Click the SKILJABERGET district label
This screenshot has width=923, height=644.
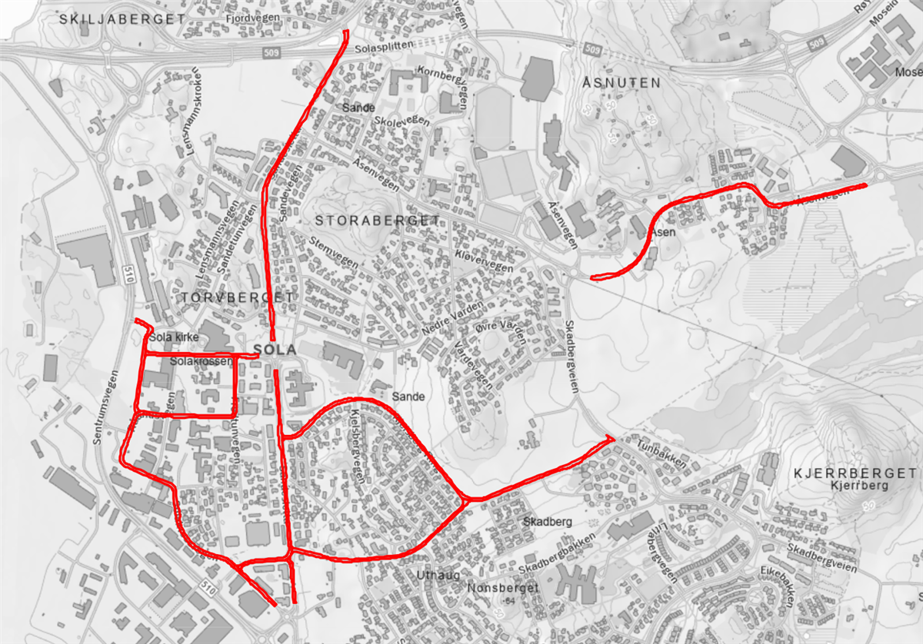[122, 19]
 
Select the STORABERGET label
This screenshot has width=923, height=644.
[378, 221]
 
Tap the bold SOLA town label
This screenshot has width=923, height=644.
[275, 350]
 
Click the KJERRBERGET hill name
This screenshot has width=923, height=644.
[855, 473]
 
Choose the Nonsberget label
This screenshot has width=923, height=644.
[493, 588]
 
